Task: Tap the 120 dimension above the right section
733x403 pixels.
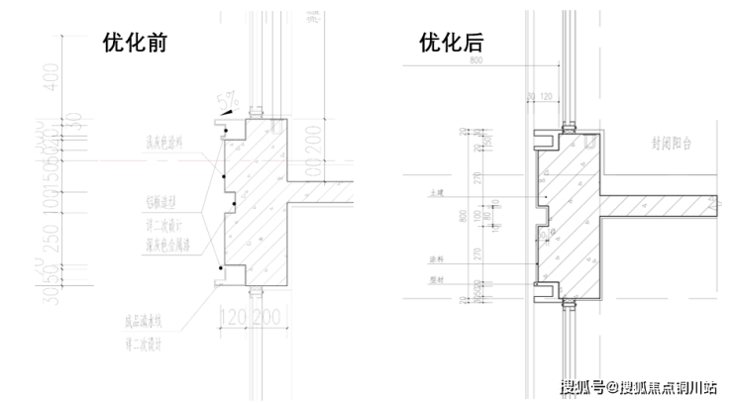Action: click(547, 96)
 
